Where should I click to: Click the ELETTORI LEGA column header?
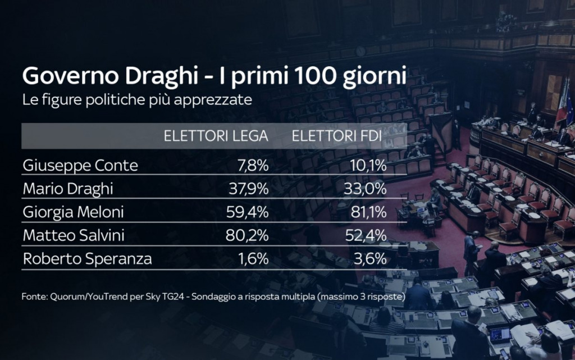tap(216, 136)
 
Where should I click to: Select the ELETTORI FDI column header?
tap(337, 136)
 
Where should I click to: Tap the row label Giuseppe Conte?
tap(80, 166)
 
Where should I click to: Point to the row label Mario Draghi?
tap(68, 189)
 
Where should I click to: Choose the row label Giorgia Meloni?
tap(74, 213)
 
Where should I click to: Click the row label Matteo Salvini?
tap(74, 236)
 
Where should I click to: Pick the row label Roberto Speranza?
tap(87, 259)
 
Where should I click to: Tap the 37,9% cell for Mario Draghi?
tap(248, 189)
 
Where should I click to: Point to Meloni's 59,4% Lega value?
tap(247, 213)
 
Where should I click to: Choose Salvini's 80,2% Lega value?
tap(247, 236)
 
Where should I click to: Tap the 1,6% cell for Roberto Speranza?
tap(252, 259)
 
